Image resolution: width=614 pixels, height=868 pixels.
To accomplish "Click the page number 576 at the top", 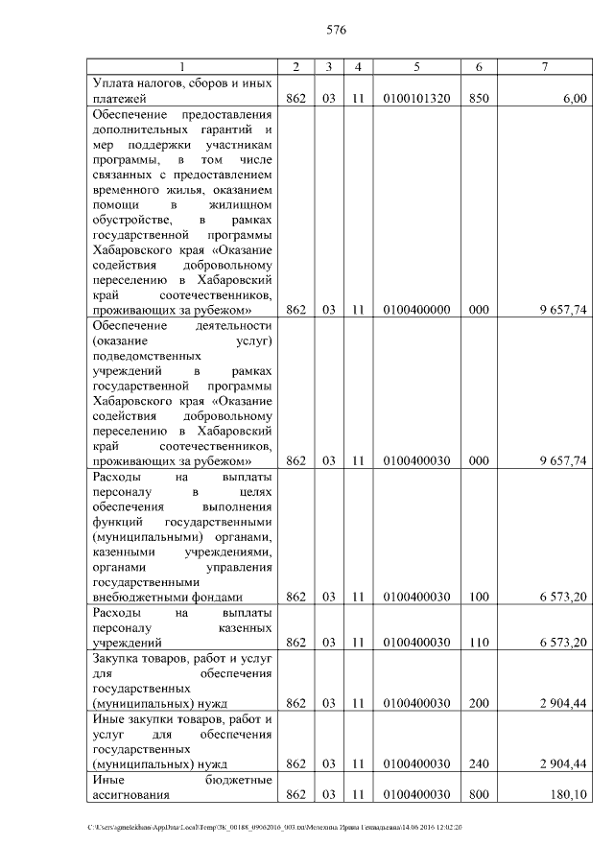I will (335, 30).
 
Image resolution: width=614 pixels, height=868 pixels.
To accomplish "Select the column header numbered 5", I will (416, 66).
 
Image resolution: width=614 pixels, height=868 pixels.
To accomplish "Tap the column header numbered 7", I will (545, 66).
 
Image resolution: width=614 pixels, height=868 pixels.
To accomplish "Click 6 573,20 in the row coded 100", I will (563, 596).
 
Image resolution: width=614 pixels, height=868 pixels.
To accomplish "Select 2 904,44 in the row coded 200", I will (563, 703).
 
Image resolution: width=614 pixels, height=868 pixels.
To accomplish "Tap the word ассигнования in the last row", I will (130, 794).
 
